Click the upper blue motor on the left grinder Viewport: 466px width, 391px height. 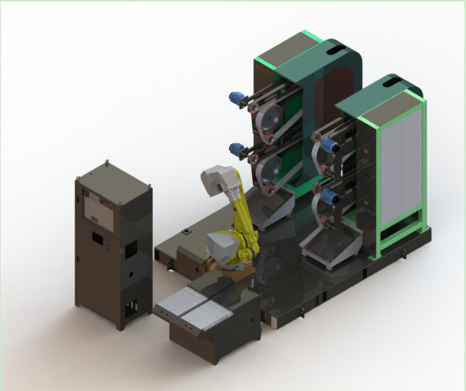(234, 97)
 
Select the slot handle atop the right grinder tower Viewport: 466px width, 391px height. (394, 85)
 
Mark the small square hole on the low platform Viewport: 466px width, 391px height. (184, 230)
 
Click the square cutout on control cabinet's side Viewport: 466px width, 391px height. (130, 248)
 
